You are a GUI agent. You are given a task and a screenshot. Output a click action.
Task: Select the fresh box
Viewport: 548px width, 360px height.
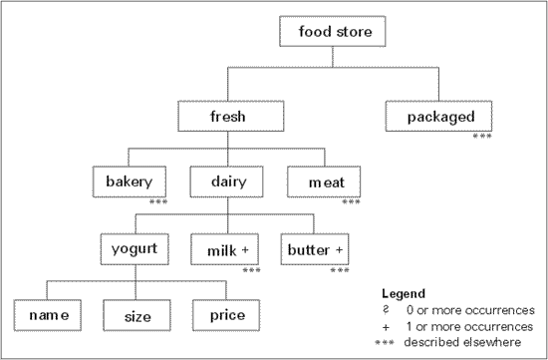tap(227, 117)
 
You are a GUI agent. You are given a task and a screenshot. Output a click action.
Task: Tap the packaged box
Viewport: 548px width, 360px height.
tap(440, 117)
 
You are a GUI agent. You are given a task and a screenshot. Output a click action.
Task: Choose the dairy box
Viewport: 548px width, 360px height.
tap(227, 182)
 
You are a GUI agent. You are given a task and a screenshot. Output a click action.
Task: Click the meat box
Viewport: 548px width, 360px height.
tap(324, 182)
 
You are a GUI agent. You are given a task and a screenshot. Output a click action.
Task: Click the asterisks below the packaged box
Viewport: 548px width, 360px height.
tap(482, 136)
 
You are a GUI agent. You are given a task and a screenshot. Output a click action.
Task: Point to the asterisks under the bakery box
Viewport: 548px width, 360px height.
tap(157, 202)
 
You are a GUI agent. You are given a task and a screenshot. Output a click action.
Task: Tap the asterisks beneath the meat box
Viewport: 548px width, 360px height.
tap(351, 202)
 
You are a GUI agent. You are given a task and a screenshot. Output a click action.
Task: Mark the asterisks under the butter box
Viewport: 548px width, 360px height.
tap(342, 269)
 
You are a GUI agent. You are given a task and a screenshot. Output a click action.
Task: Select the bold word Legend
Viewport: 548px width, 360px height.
tap(404, 294)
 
